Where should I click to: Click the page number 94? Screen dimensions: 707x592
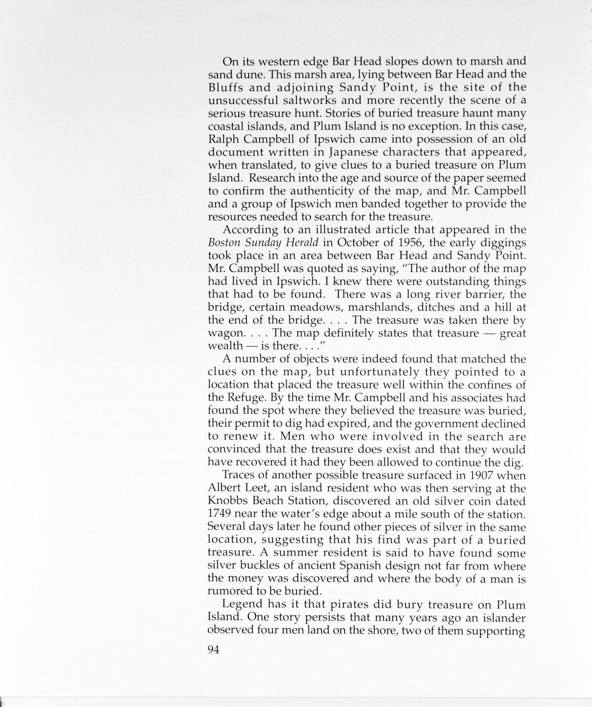[213, 650]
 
